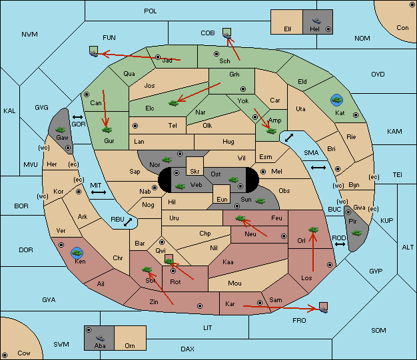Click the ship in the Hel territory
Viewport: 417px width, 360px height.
point(316,21)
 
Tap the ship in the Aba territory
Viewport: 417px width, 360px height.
point(100,338)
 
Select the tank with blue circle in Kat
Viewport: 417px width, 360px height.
point(336,100)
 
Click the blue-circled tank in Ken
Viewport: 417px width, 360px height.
point(77,253)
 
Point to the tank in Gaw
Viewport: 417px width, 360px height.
point(61,130)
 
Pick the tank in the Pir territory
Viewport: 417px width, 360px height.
point(356,233)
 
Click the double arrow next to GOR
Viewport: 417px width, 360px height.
point(78,117)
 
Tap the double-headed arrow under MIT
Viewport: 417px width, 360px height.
point(99,192)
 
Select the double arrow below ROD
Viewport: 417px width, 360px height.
point(340,244)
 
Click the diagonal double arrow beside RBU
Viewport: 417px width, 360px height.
point(128,222)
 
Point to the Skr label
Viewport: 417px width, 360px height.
point(195,172)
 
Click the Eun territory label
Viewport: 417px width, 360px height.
point(222,199)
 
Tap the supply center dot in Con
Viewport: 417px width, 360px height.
point(412,5)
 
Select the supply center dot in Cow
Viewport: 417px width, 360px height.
point(5,355)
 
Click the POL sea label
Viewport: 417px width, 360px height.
point(151,11)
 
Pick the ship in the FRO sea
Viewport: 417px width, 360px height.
point(323,309)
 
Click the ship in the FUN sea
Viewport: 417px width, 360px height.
point(94,54)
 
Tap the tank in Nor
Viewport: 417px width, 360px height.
point(167,160)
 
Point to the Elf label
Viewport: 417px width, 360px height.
point(288,29)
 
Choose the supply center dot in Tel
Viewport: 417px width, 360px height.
point(135,126)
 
